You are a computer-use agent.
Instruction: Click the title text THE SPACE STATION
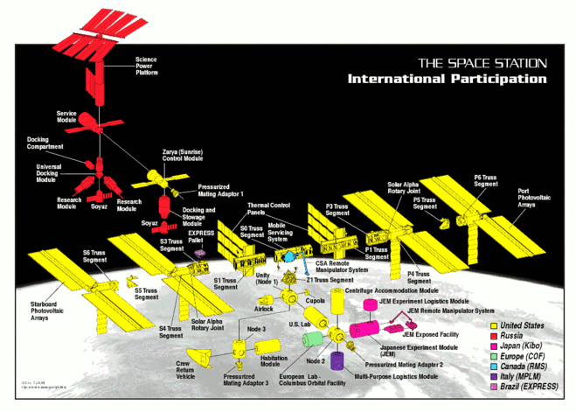482,64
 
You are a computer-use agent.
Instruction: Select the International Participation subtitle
448,79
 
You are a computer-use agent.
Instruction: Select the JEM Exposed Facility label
431,332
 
